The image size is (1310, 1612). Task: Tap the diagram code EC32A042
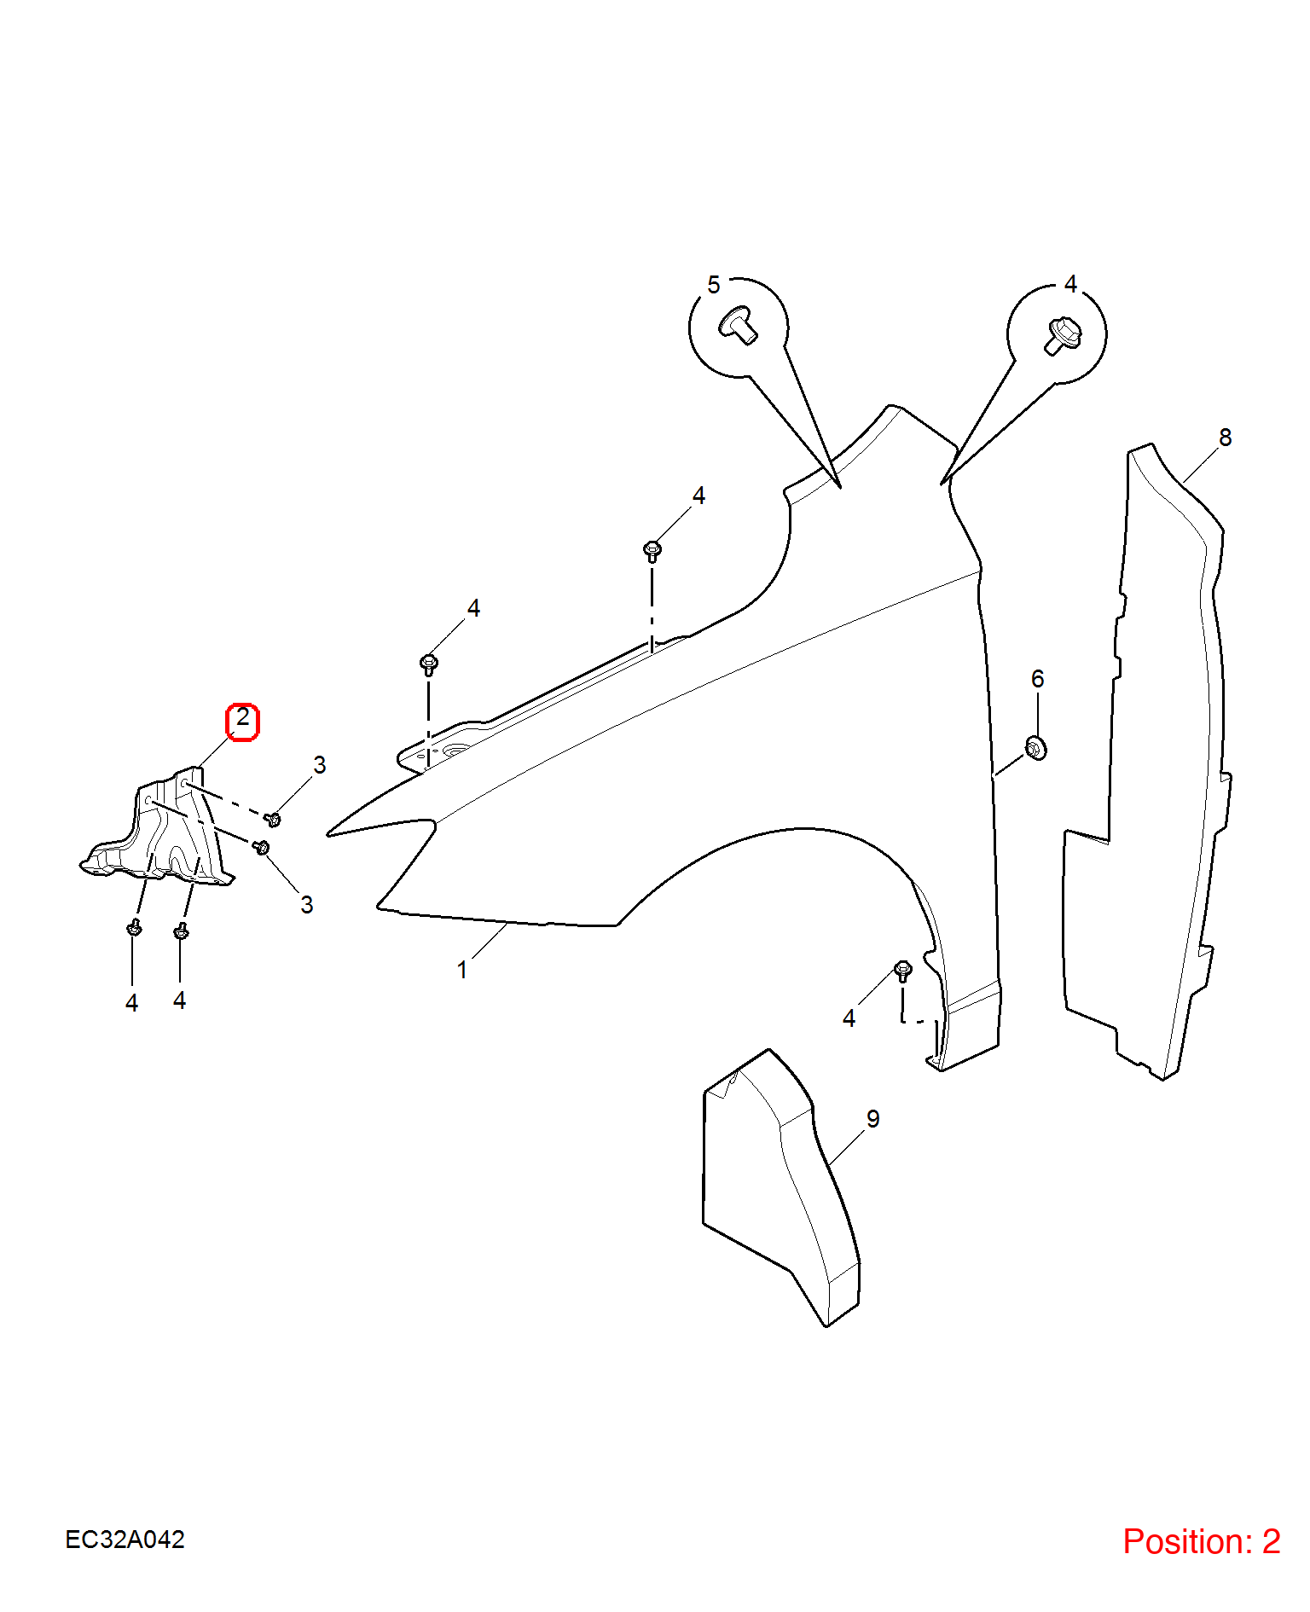click(x=125, y=1540)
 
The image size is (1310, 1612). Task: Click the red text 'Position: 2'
click(x=1201, y=1541)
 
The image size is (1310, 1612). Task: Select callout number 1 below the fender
click(x=462, y=970)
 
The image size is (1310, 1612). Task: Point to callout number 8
click(x=1226, y=438)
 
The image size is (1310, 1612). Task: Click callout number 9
click(x=873, y=1118)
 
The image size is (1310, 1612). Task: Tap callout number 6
click(x=1038, y=679)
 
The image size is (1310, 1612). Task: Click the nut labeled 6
click(x=1035, y=748)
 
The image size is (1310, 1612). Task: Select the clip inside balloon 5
click(x=739, y=325)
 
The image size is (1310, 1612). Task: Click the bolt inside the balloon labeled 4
click(x=1063, y=335)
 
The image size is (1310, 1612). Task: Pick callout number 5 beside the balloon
click(x=714, y=285)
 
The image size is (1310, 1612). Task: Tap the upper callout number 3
click(x=320, y=765)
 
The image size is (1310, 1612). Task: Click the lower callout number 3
click(x=307, y=905)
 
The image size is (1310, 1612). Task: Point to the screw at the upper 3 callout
click(x=274, y=820)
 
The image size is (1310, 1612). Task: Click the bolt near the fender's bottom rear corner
click(x=903, y=971)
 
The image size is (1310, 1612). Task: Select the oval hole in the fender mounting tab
click(x=456, y=751)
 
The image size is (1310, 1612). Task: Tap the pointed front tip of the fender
click(x=328, y=834)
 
